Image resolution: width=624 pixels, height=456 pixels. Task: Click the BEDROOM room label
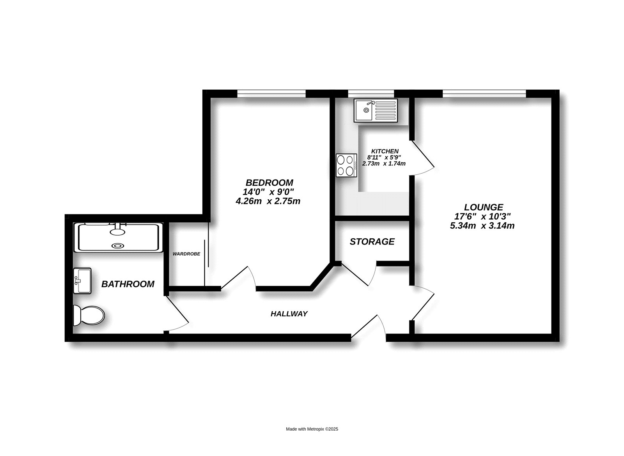click(x=269, y=183)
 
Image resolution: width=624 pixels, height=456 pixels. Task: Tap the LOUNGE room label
click(x=484, y=207)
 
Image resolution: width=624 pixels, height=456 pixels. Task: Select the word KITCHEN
click(x=385, y=151)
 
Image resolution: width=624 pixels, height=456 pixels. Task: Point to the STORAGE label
click(x=372, y=241)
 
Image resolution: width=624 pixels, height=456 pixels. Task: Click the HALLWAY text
click(x=289, y=314)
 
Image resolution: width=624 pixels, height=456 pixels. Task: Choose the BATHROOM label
click(x=128, y=284)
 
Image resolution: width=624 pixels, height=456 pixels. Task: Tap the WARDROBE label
click(x=186, y=254)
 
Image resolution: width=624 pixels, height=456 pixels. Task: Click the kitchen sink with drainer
click(x=376, y=110)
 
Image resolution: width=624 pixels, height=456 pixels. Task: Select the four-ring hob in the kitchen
click(x=346, y=165)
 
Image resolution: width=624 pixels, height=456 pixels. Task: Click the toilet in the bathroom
click(x=89, y=315)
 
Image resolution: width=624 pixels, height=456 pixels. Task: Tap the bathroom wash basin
click(x=82, y=280)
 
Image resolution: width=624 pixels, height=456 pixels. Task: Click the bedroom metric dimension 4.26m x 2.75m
click(x=268, y=201)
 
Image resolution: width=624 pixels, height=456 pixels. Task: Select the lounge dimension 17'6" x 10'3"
click(x=483, y=216)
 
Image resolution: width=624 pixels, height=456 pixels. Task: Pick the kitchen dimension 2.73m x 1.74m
click(x=384, y=164)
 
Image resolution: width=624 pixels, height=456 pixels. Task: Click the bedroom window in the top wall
click(x=271, y=94)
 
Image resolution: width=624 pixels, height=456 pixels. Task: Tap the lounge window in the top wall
click(x=484, y=94)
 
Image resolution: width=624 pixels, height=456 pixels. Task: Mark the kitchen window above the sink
click(x=371, y=94)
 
